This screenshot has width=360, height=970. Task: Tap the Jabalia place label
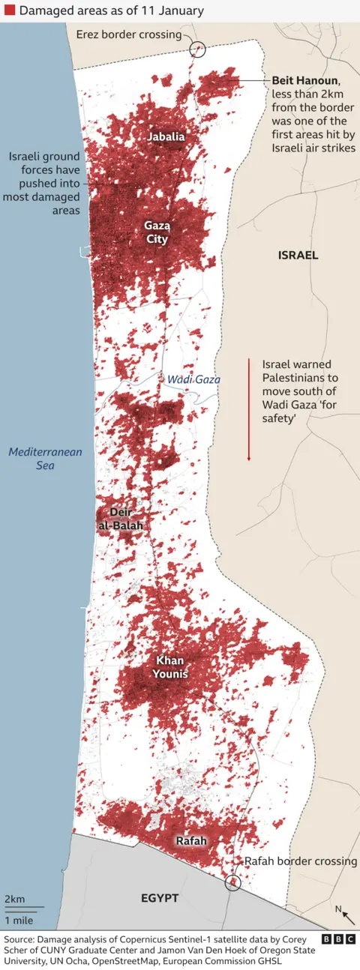[x=166, y=137]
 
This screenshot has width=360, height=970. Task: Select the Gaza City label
[x=157, y=232]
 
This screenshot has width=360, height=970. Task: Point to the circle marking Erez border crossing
[x=198, y=49]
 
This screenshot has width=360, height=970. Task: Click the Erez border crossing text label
[x=128, y=34]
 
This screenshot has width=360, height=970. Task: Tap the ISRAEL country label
[x=298, y=255]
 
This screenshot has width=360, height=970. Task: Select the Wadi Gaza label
[x=193, y=379]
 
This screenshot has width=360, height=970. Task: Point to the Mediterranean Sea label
[x=45, y=459]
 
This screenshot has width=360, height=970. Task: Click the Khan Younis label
[x=171, y=667]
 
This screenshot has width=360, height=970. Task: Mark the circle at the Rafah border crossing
[x=233, y=882]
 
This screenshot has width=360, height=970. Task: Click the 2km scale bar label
[x=14, y=899]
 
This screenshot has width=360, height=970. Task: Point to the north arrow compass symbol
[x=346, y=915]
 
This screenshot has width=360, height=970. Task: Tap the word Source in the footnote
[x=20, y=939]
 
